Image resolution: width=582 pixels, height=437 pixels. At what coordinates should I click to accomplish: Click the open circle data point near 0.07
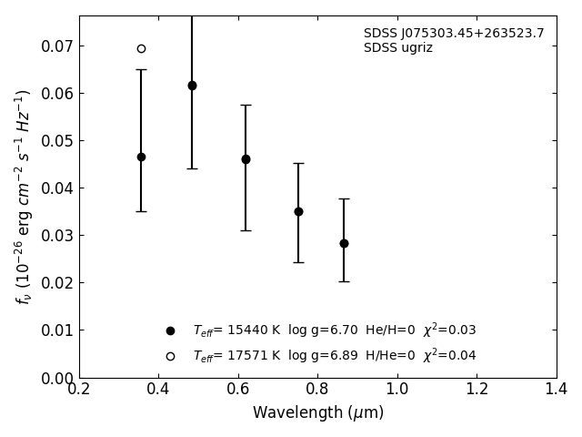(x=141, y=48)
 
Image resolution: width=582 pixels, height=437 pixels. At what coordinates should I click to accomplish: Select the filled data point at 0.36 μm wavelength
(x=141, y=157)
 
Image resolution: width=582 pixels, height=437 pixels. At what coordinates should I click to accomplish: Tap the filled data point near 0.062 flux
(x=192, y=86)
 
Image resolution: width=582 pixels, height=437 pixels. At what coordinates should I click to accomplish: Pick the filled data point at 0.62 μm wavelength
(x=246, y=159)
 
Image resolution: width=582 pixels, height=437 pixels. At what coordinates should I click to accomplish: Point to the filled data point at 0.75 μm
(x=298, y=211)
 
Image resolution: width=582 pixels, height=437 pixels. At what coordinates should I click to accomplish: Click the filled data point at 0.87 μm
(x=344, y=243)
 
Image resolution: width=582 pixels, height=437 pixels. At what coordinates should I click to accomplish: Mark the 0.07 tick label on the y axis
(x=56, y=46)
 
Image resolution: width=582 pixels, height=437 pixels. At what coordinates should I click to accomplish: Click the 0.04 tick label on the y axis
(x=56, y=188)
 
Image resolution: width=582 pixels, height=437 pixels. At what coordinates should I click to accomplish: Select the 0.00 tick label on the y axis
(x=56, y=378)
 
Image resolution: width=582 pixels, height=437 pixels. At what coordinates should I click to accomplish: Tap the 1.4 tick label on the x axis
(x=557, y=390)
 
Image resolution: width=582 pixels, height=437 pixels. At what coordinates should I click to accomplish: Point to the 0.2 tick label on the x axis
(x=79, y=390)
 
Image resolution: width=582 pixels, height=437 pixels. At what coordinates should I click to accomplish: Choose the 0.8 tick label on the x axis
(x=317, y=390)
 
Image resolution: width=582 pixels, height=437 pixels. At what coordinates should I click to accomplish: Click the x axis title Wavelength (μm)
(x=317, y=413)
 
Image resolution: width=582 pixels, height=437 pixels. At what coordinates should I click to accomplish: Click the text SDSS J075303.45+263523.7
(x=454, y=34)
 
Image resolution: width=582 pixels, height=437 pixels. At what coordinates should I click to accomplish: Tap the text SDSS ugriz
(x=398, y=48)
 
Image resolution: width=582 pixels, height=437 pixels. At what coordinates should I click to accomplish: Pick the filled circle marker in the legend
(x=170, y=330)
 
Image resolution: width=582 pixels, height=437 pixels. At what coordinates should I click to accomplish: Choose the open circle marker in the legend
(x=170, y=356)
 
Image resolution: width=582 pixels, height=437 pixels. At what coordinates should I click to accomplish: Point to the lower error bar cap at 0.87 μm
(x=344, y=281)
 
